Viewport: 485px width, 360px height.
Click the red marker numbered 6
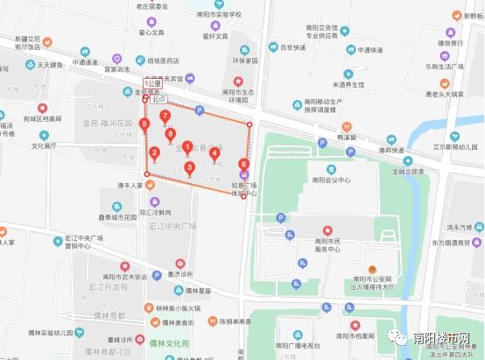coord(243,165)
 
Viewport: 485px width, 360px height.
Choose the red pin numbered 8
coord(170,135)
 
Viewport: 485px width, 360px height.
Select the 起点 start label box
coord(158,99)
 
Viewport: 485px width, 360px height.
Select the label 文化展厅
coord(43,146)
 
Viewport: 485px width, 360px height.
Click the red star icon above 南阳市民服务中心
coord(327,229)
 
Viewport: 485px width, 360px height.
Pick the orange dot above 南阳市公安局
coord(371,268)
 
